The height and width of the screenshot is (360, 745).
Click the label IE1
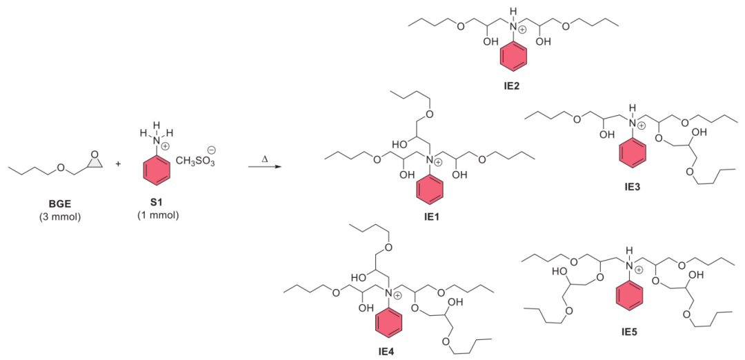(x=432, y=217)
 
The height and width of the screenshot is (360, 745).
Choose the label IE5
(x=628, y=331)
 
